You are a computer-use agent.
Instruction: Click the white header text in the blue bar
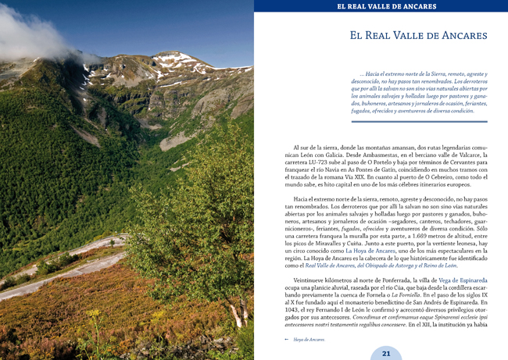tap(385, 7)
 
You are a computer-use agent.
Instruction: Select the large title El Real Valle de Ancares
tap(418, 36)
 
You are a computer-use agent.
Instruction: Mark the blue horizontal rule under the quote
tap(419, 121)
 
